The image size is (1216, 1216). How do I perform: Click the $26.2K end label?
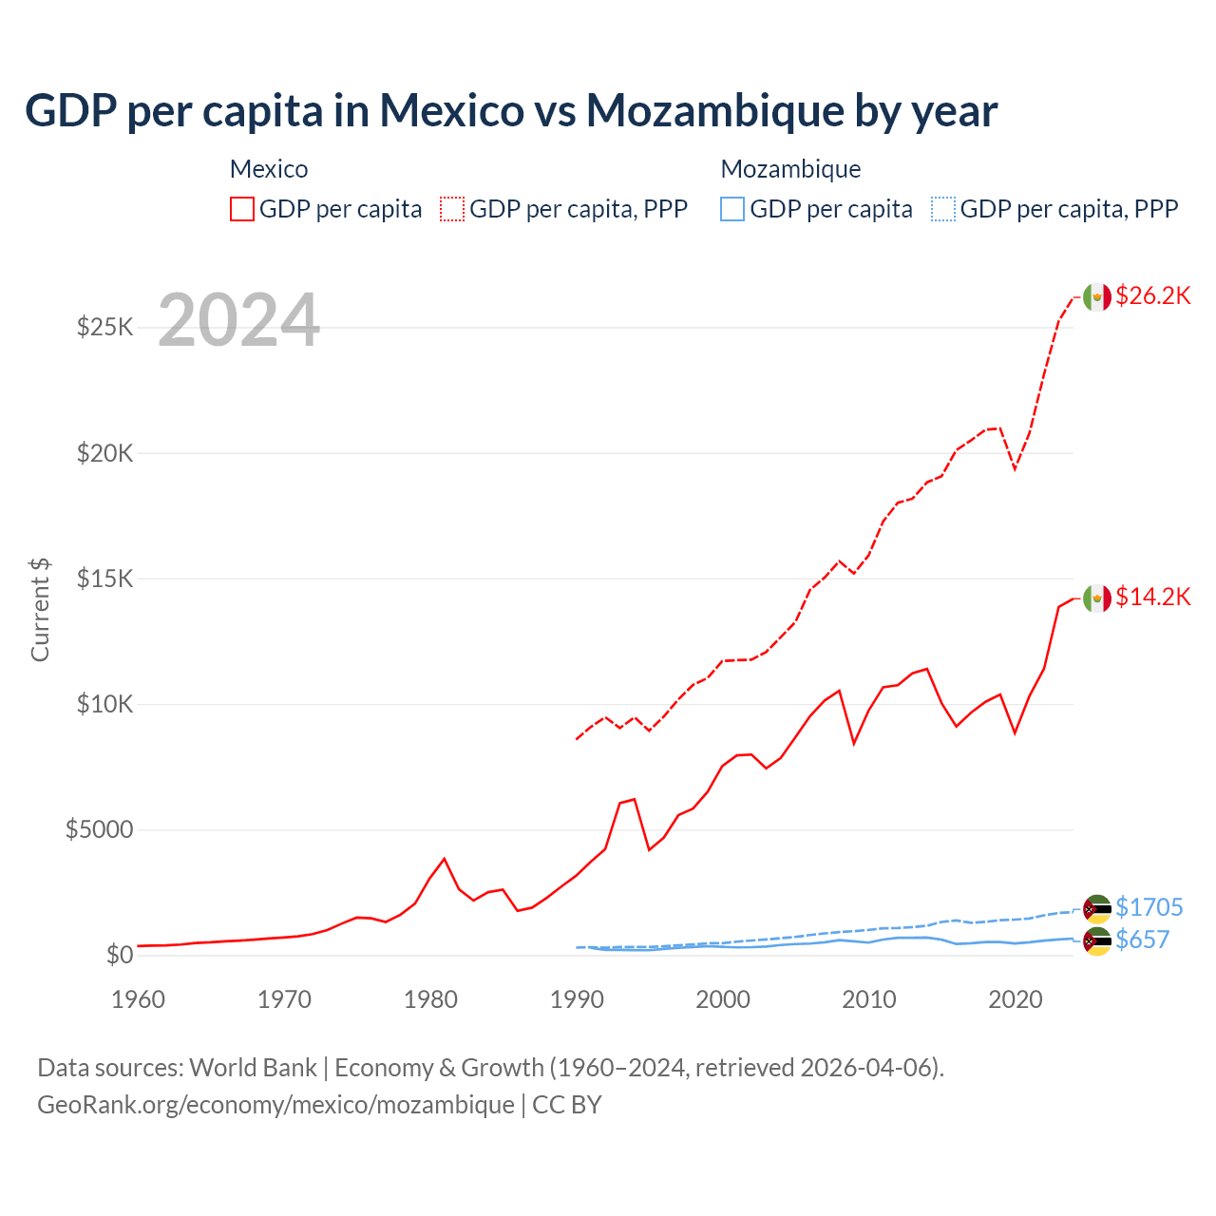click(x=1152, y=295)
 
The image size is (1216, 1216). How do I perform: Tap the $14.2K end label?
click(x=1152, y=597)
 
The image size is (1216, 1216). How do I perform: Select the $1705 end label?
click(x=1149, y=907)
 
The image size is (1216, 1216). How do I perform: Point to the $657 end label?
click(x=1142, y=940)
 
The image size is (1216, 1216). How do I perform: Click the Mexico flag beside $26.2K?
click(x=1097, y=297)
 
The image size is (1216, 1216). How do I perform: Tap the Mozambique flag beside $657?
click(x=1097, y=941)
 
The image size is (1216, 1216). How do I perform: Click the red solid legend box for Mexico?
click(x=242, y=209)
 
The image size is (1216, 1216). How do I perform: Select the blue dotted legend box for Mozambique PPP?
click(x=943, y=209)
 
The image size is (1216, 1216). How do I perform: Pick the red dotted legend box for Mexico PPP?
click(x=452, y=209)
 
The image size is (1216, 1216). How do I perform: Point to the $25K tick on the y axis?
click(x=105, y=328)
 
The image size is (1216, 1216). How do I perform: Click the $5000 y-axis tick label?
click(x=99, y=829)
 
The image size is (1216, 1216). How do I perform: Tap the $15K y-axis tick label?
click(x=105, y=579)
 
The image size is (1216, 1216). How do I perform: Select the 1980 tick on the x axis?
click(x=430, y=999)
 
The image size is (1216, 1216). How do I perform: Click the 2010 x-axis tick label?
click(x=869, y=999)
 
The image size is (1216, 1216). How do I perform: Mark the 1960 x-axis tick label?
click(x=139, y=999)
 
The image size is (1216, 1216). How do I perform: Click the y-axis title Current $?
click(x=40, y=609)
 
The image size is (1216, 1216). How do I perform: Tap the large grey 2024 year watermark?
click(x=238, y=320)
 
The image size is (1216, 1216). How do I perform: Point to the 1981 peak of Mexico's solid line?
click(x=444, y=859)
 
